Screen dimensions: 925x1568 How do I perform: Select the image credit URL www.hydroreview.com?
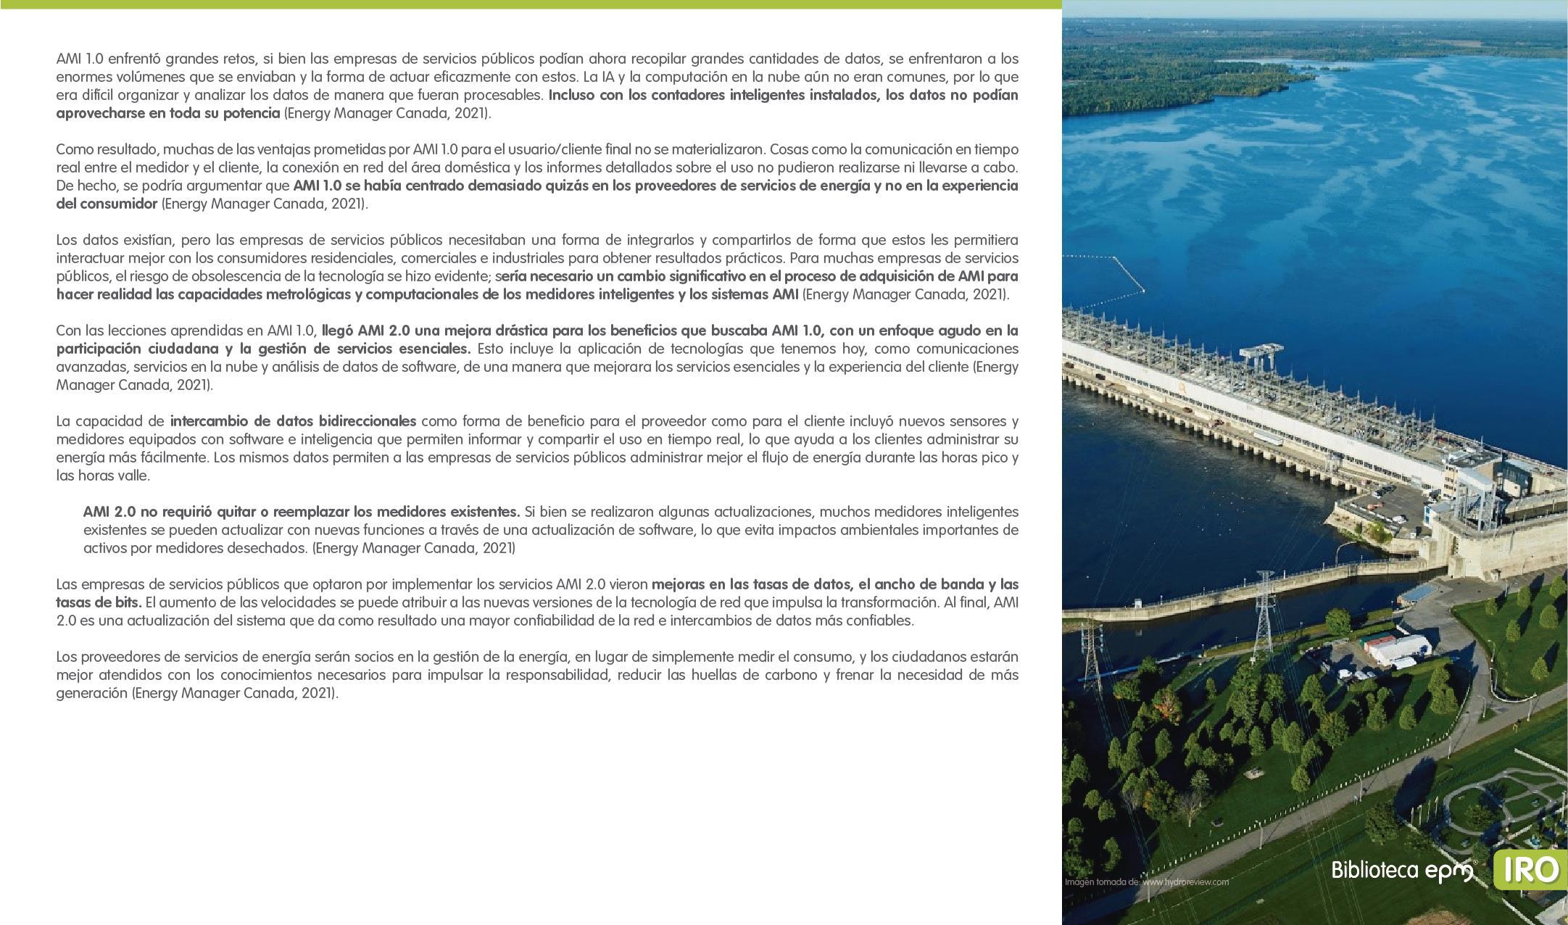tap(1185, 882)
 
